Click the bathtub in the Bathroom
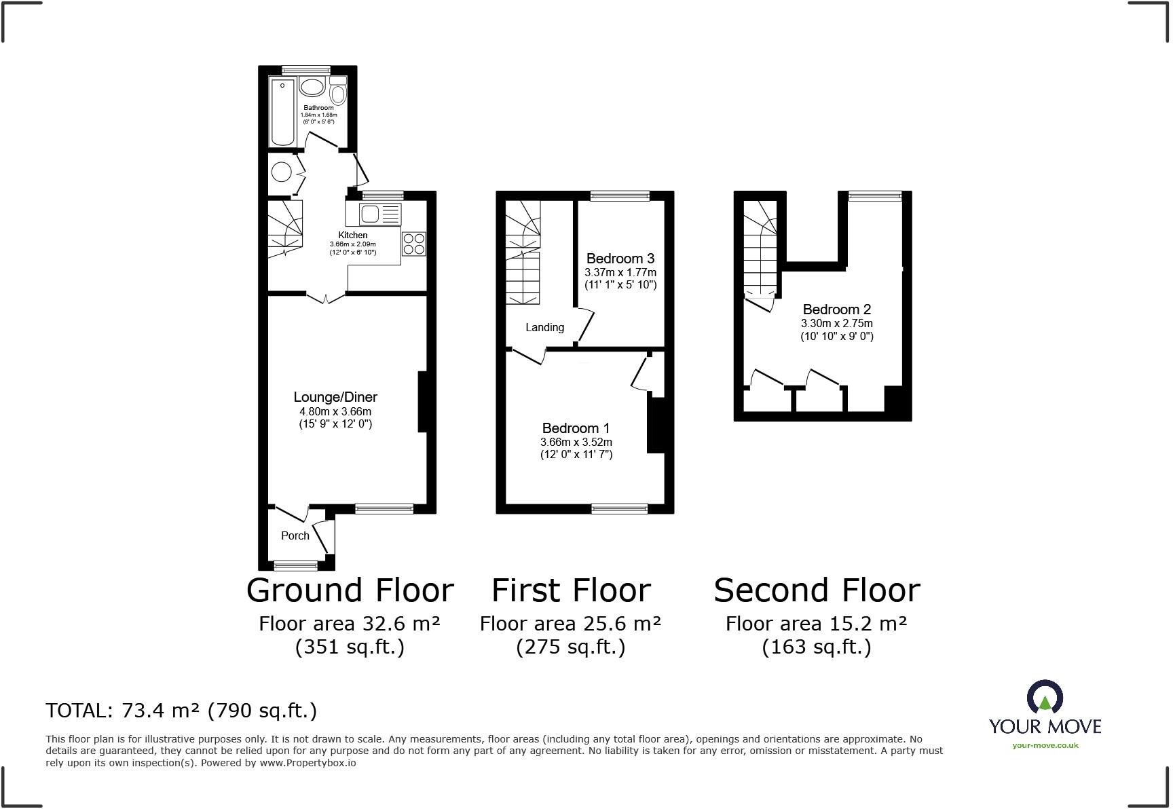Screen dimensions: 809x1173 [x=283, y=111]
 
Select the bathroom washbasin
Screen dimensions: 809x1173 [x=312, y=87]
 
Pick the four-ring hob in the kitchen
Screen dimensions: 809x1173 [x=414, y=244]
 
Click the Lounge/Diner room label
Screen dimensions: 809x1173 [x=335, y=397]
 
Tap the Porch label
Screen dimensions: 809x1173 [x=295, y=535]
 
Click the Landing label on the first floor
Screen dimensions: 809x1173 [x=544, y=327]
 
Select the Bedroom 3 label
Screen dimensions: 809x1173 [x=620, y=259]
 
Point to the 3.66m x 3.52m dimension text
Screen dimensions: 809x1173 [x=576, y=442]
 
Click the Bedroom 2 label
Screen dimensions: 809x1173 [x=836, y=309]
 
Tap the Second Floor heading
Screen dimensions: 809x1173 [x=817, y=590]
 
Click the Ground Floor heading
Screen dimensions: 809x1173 [x=350, y=590]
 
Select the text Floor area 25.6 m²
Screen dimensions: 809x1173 [x=570, y=623]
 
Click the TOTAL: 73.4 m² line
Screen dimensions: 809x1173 [x=181, y=710]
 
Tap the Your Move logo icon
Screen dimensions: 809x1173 [x=1045, y=698]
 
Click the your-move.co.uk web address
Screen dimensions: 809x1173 [x=1045, y=745]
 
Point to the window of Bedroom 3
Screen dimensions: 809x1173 [x=620, y=196]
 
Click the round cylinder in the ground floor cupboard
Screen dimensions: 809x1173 [x=281, y=172]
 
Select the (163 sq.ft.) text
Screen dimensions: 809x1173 [x=817, y=647]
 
